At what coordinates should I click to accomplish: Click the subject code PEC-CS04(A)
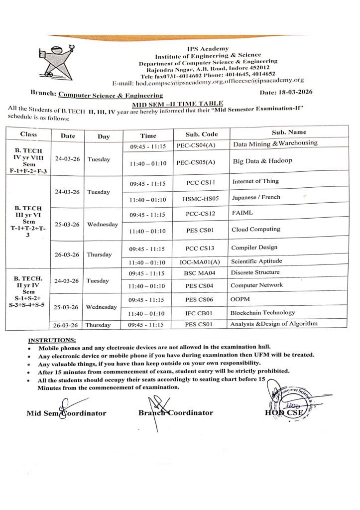pos(196,146)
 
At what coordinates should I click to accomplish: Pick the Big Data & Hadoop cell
pos(262,161)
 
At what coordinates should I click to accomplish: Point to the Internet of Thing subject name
pos(255,181)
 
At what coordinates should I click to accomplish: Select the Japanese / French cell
pos(256,197)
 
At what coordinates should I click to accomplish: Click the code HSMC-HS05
pos(196,199)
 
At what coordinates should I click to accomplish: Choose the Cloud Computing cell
pos(255,230)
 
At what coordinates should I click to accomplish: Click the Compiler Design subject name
pos(254,248)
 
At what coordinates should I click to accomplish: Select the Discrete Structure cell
pos(255,272)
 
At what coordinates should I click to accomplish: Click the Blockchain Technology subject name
pos(262,313)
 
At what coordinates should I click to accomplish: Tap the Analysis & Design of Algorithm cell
pos(273,324)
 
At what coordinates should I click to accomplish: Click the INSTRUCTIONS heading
pos(52,340)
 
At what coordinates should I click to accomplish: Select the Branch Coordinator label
pos(176,413)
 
